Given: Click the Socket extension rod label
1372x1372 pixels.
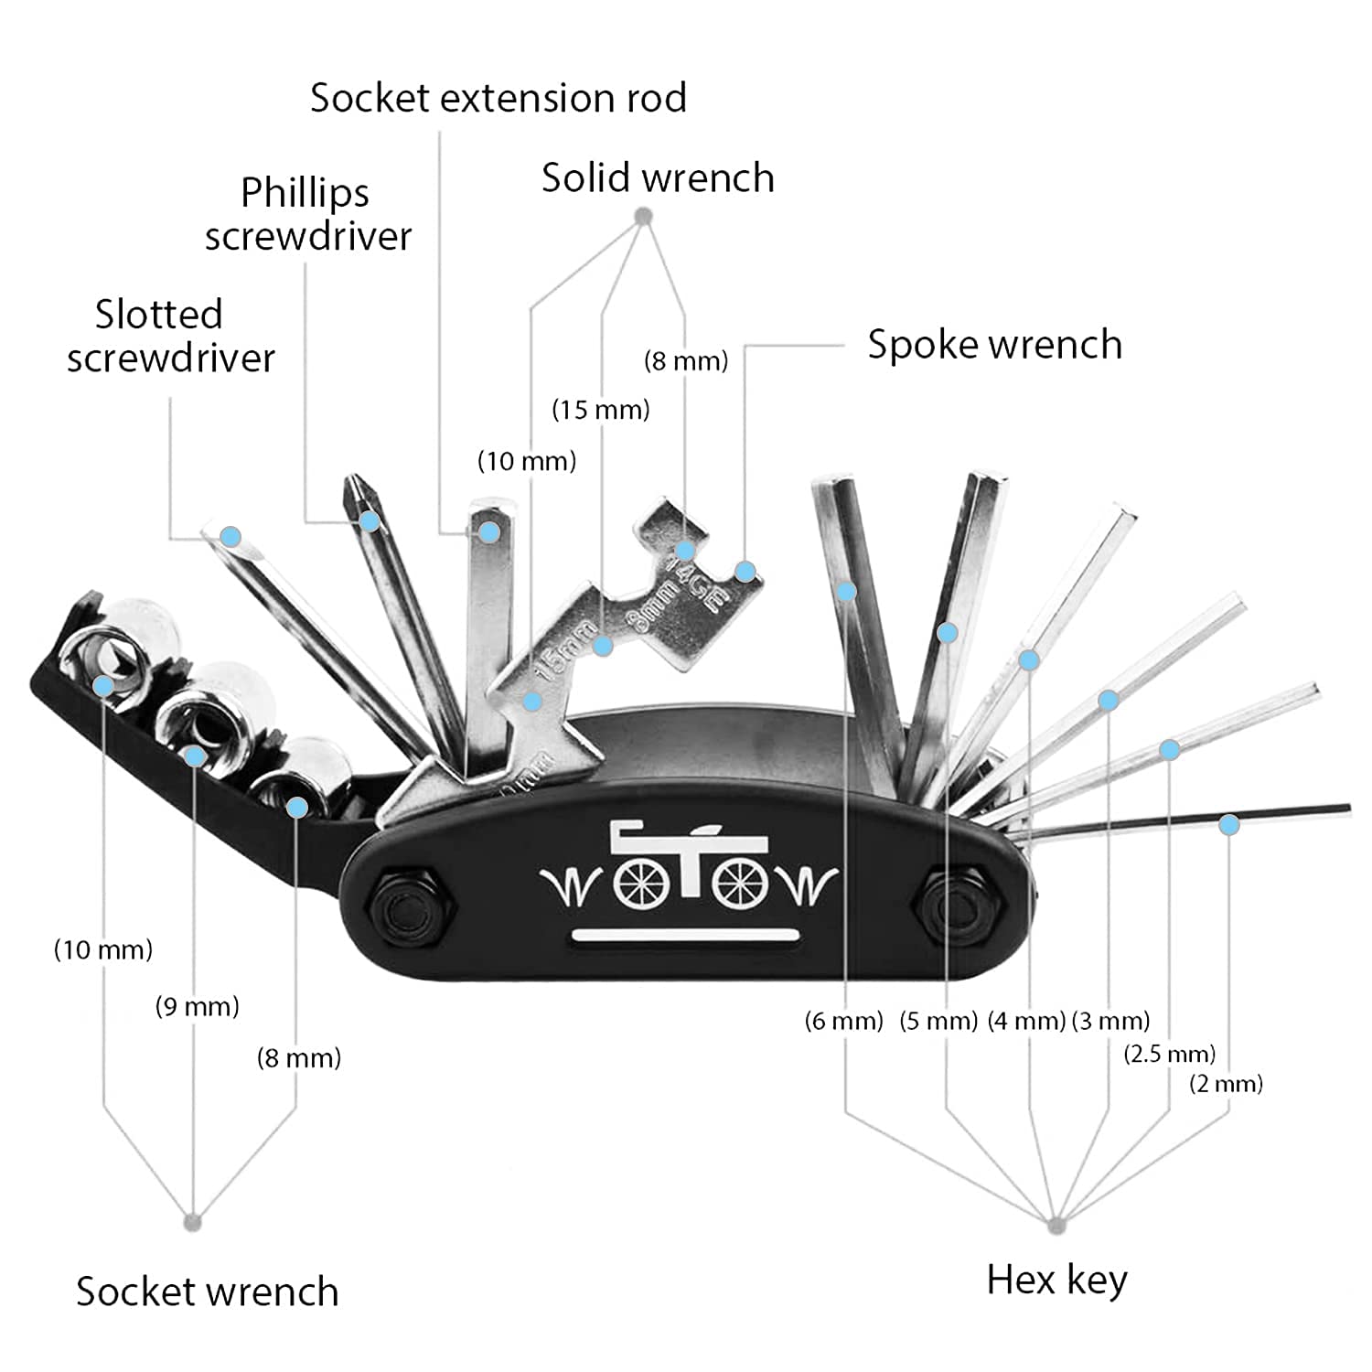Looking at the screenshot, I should pos(498,98).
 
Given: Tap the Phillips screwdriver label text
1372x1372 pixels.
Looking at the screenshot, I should pos(307,214).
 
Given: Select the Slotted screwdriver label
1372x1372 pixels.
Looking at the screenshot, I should pos(170,336).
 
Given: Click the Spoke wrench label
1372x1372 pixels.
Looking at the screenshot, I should pos(994,345).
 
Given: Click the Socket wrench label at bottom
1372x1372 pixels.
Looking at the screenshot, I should pos(207,1292).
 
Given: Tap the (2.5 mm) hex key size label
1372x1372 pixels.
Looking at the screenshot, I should pos(1169,1054).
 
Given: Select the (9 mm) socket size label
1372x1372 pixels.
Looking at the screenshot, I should pos(197,1007).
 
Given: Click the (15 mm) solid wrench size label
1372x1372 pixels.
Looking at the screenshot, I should pos(600,409).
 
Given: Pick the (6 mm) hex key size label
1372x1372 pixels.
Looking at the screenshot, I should pos(843,1020).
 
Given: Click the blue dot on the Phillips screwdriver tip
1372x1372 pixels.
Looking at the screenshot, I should pos(370,521).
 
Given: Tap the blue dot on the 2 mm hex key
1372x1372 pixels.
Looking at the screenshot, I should pos(1228,825).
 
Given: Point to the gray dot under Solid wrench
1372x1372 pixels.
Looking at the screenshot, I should pos(643,218).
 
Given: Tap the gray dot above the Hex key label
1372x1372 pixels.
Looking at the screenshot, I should pos(1056,1225).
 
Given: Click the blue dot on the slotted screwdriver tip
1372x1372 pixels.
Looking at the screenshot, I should pos(230,536).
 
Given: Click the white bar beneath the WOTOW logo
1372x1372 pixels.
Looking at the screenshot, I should pos(686,935).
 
